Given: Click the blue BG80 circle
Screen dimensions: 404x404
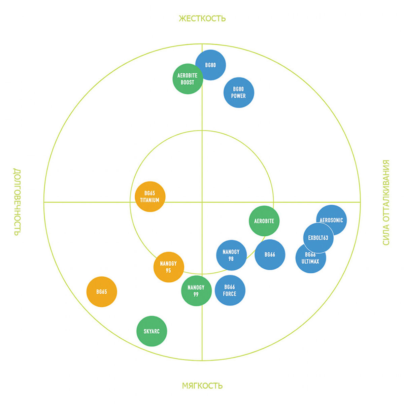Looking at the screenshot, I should [x=212, y=64].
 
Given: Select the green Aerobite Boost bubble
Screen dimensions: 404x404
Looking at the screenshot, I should [x=187, y=79].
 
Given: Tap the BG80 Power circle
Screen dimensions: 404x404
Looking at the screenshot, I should [x=239, y=93].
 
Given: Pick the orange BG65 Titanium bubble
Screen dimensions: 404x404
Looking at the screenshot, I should [x=150, y=197].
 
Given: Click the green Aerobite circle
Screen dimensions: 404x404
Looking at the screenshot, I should [x=264, y=221].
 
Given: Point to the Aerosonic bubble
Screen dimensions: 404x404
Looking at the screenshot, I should [x=333, y=219].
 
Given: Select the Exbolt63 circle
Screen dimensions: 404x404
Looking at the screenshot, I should [x=318, y=238].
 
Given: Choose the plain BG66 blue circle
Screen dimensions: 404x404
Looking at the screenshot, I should [x=270, y=255].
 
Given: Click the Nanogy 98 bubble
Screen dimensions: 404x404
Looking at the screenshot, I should [x=231, y=255].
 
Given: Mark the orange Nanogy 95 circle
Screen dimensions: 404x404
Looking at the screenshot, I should [x=168, y=267].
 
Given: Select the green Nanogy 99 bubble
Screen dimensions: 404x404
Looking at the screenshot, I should [x=196, y=291].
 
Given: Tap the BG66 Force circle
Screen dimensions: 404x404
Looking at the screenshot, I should [x=230, y=290].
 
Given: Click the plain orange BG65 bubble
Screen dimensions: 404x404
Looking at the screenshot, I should [x=102, y=292].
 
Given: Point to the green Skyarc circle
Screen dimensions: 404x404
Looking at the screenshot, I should [x=151, y=331].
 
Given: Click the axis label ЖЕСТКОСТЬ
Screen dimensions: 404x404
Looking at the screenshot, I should [x=202, y=18].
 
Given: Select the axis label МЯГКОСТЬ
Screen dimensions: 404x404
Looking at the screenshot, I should [x=202, y=385].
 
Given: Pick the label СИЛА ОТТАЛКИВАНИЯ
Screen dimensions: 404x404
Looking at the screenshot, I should [x=386, y=202].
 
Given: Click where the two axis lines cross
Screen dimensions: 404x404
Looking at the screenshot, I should [x=202, y=202].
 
